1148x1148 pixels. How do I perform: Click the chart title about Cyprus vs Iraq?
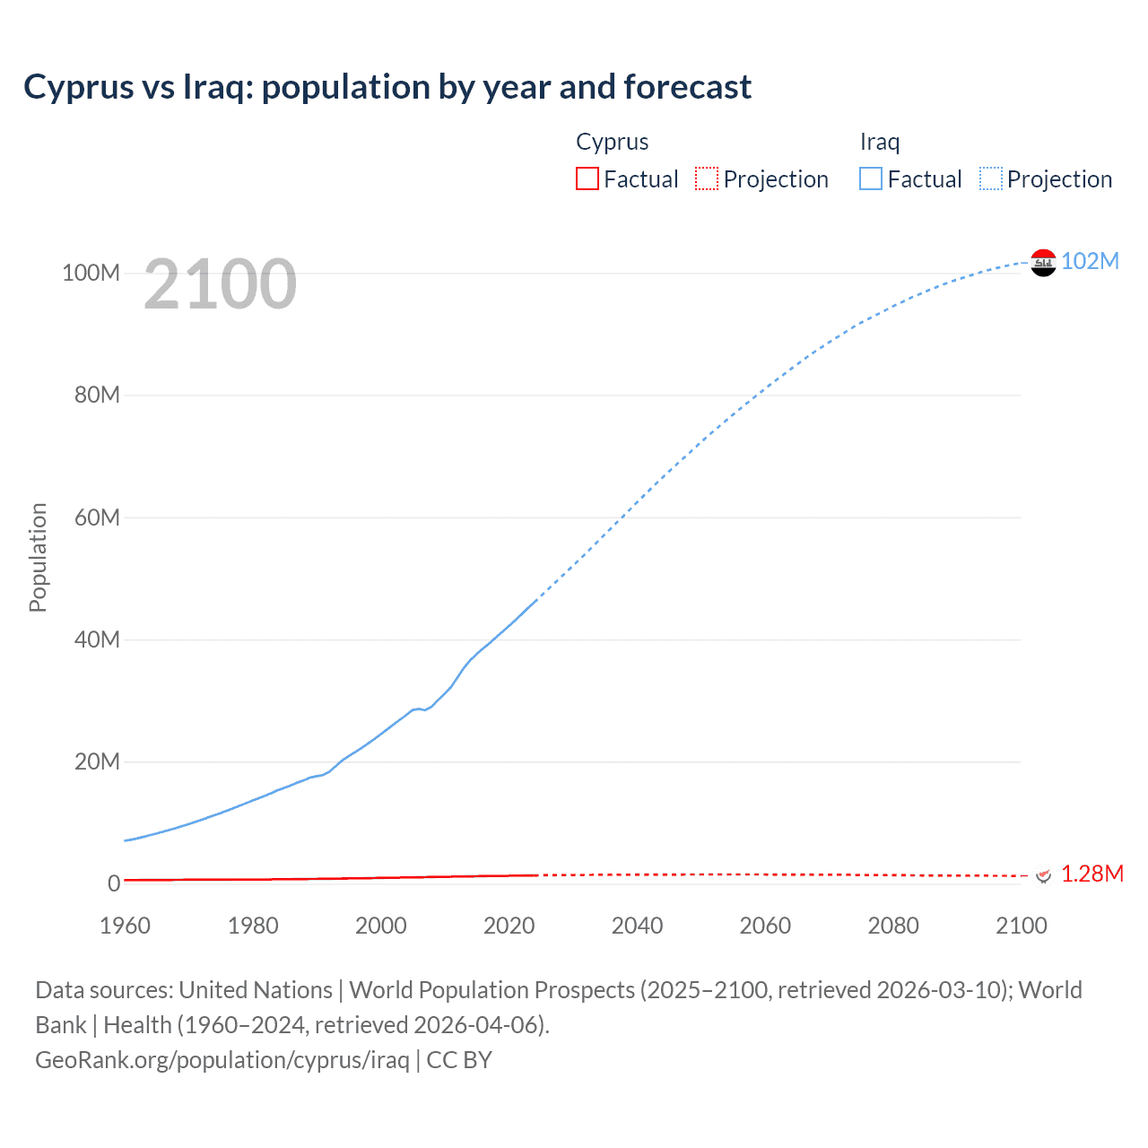coord(387,87)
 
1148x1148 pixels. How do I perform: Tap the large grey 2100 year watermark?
coord(220,284)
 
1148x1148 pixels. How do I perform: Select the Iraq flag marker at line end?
coord(1043,263)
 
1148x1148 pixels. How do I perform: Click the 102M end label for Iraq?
coord(1090,261)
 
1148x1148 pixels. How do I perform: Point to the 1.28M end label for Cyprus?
coord(1091,874)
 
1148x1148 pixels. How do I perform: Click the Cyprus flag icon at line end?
coord(1042,874)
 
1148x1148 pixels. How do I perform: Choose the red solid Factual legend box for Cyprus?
coord(587,179)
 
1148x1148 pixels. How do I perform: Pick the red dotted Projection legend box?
coord(707,179)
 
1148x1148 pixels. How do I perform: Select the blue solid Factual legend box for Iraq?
coord(871,179)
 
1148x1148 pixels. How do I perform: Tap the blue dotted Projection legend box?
coord(991,179)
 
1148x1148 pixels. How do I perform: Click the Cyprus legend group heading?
coord(612,142)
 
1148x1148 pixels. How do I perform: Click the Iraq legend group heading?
coord(880,142)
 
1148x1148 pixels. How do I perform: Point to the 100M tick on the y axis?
coord(91,273)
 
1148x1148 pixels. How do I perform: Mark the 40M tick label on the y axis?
coord(97,639)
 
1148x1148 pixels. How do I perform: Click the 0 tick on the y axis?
coord(114,883)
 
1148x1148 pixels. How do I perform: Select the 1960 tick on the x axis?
coord(125,926)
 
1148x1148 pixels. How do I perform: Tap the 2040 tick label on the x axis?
coord(637,926)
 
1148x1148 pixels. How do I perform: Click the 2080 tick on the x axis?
coord(893,926)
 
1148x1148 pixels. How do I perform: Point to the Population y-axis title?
coord(38,557)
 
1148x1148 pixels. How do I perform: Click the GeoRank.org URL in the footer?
coord(222,1060)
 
